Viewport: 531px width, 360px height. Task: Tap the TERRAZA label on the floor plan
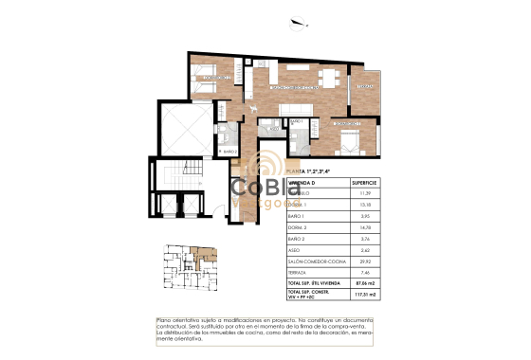tap(365, 87)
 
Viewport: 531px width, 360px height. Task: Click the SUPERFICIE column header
tap(364, 181)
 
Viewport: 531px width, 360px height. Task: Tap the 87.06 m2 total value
tap(364, 283)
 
